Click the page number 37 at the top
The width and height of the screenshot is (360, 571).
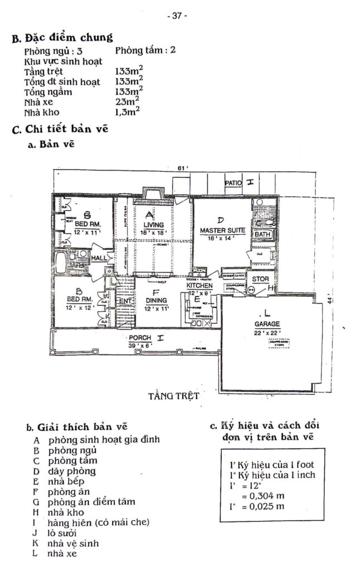pyautogui.click(x=177, y=16)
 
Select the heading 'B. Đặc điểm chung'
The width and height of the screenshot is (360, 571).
pyautogui.click(x=62, y=38)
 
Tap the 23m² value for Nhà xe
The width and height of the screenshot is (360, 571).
pyautogui.click(x=127, y=101)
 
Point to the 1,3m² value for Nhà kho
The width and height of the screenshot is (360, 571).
pyautogui.click(x=127, y=111)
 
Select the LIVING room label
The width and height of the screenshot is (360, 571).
pyautogui.click(x=149, y=224)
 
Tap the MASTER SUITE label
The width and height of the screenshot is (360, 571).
pyautogui.click(x=220, y=230)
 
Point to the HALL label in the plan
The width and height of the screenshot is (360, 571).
pyautogui.click(x=99, y=258)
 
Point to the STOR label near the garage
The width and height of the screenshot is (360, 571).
pyautogui.click(x=261, y=279)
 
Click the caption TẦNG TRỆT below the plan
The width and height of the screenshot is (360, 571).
pyautogui.click(x=174, y=397)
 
